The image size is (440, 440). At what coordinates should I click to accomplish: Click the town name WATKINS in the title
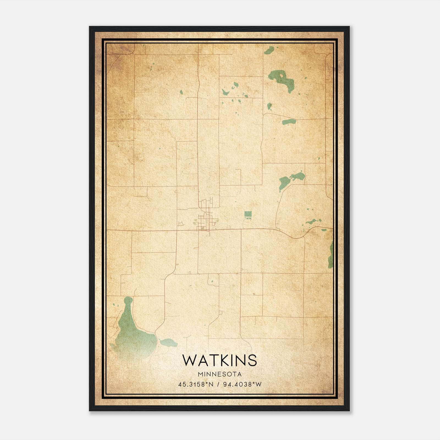pyautogui.click(x=219, y=360)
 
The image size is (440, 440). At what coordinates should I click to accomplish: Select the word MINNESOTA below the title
pyautogui.click(x=219, y=374)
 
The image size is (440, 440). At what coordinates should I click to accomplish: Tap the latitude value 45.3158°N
pyautogui.click(x=196, y=384)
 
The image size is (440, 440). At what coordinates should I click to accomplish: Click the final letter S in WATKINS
pyautogui.click(x=252, y=360)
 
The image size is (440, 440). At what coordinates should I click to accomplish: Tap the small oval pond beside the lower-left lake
pyautogui.click(x=168, y=342)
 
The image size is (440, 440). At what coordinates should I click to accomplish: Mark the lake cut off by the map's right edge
pyautogui.click(x=331, y=254)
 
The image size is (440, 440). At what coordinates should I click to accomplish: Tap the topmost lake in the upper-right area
pyautogui.click(x=269, y=50)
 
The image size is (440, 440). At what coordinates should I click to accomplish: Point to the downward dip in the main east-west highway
pyautogui.click(x=296, y=237)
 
